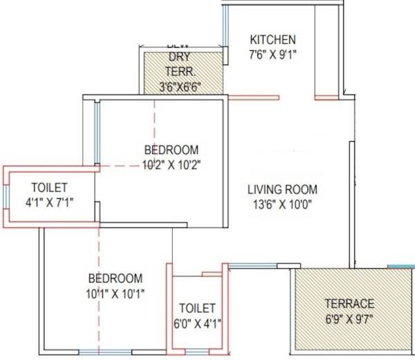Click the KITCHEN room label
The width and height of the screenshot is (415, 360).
pos(273,39)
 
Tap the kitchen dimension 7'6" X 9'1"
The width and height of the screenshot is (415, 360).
pos(273,53)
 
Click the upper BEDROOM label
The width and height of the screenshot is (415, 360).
pos(171,150)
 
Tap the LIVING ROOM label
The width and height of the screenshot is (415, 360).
pos(283,189)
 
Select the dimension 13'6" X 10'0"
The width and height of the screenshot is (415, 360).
pos(283,203)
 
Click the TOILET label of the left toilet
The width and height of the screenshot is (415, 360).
pos(49,188)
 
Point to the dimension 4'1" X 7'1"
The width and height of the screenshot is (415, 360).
pos(49,202)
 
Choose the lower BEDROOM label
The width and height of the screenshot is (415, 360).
pos(116,278)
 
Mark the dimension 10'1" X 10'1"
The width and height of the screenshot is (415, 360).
pos(116,293)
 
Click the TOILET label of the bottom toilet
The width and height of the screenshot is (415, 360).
pos(197,307)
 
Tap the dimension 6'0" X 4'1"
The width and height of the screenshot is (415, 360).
pos(197,322)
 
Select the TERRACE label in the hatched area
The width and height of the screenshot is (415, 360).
pos(350,303)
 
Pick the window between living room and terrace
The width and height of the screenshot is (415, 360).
pos(252,265)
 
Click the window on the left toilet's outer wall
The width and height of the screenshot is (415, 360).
pos(7,196)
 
